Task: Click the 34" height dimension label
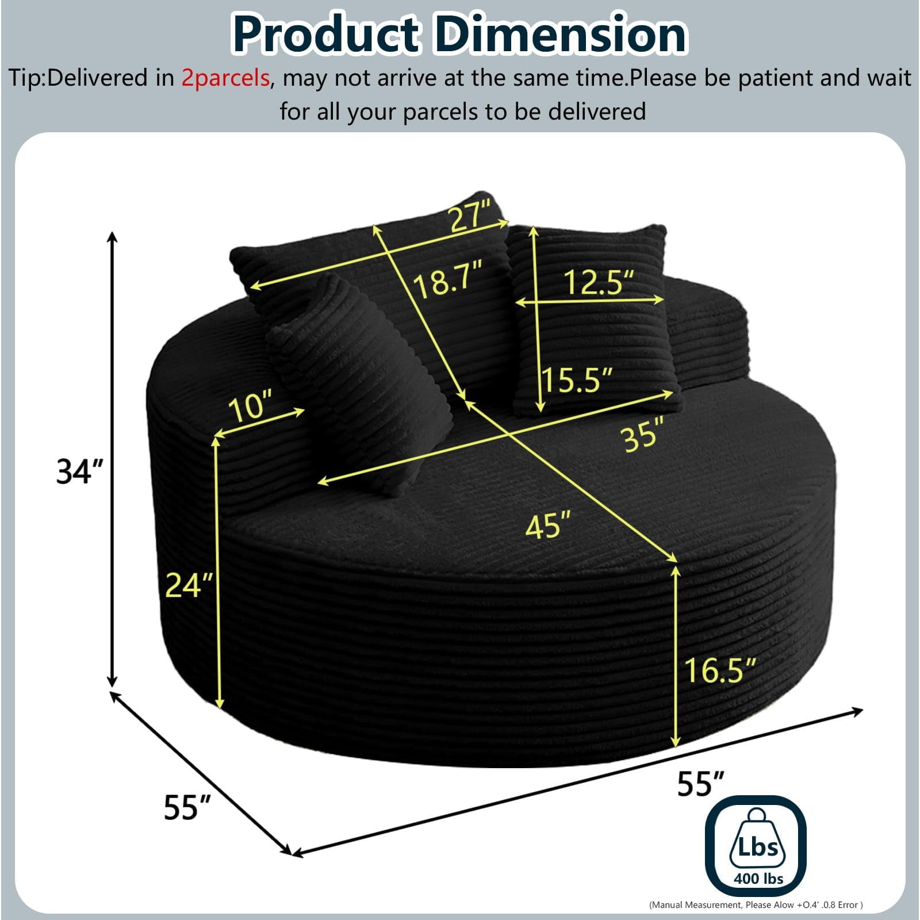80,471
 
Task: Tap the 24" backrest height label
189,585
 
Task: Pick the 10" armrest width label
251,406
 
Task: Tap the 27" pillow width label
471,216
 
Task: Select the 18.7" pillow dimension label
448,280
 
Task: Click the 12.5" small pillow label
598,282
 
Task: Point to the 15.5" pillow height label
578,379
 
